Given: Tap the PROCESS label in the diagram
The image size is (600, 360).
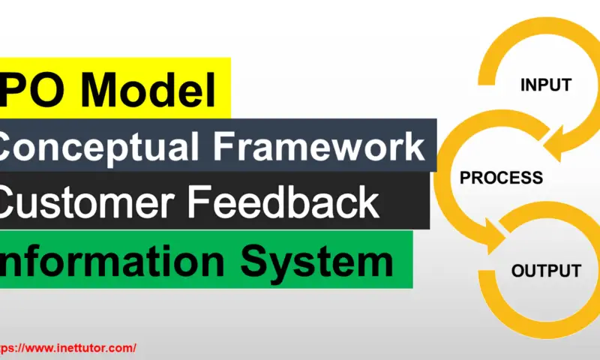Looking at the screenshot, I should (501, 178).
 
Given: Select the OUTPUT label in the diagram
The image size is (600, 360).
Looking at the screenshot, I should (546, 271).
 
